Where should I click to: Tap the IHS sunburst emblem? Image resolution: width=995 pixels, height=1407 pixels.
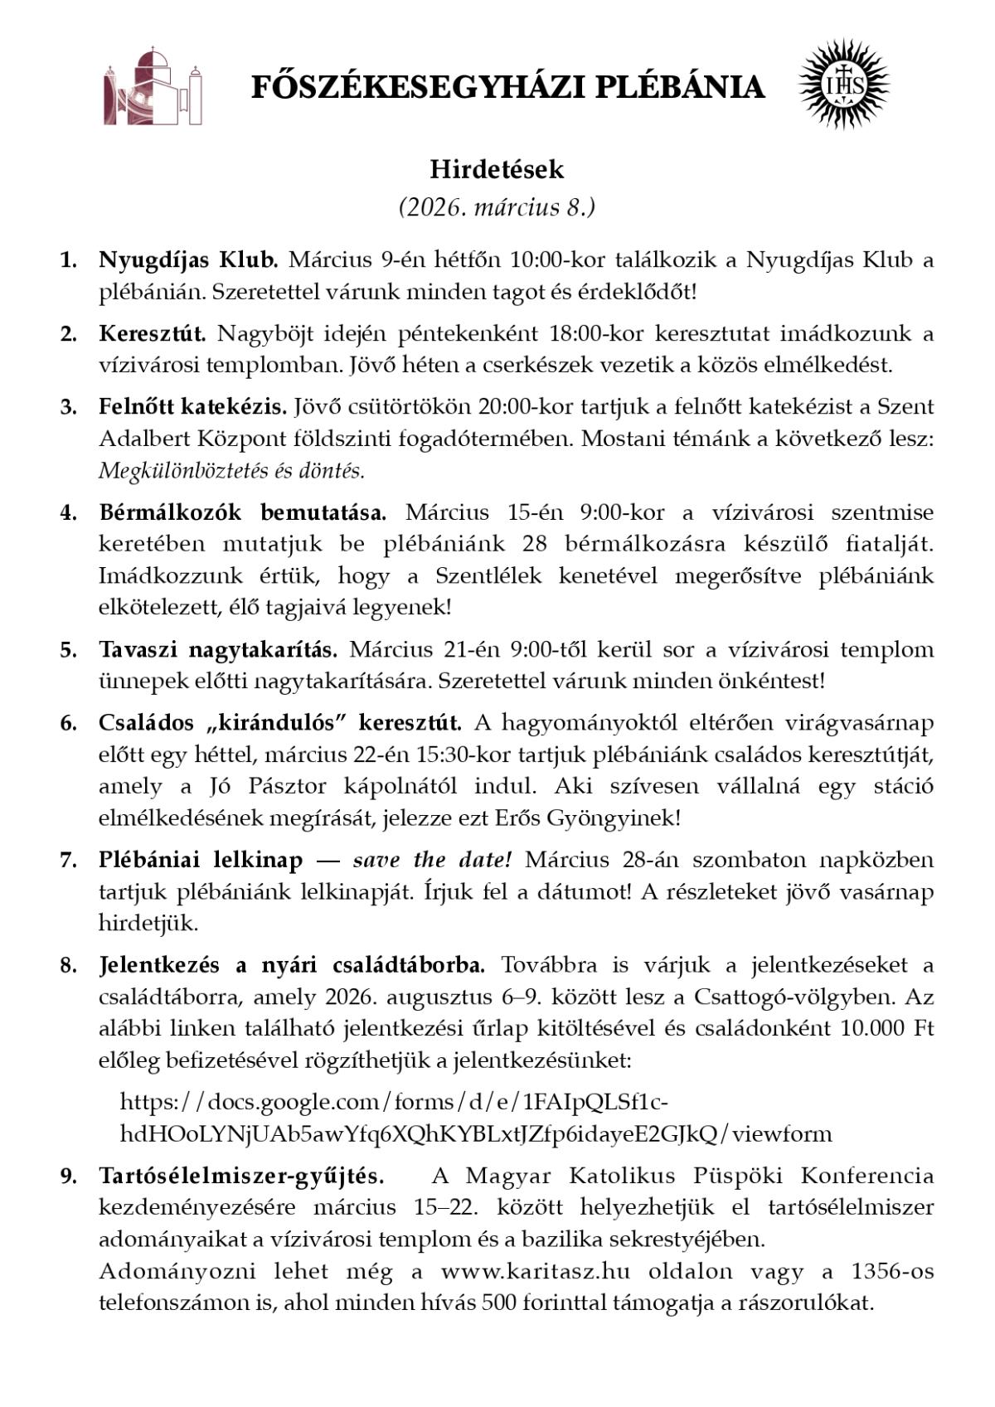[843, 85]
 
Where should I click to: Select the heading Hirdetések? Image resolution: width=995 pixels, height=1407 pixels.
[497, 169]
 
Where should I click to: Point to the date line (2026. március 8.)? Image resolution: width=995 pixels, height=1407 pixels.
[497, 206]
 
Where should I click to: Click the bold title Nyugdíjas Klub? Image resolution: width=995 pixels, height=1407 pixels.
[188, 260]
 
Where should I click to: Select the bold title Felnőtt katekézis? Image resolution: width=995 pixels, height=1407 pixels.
[192, 407]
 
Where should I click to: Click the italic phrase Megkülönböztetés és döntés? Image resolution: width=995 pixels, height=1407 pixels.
[231, 471]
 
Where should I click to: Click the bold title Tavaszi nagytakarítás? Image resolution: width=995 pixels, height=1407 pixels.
[218, 649]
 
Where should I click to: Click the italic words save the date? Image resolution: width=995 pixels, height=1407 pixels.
[432, 861]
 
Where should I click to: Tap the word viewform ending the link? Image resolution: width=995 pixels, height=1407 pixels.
[783, 1133]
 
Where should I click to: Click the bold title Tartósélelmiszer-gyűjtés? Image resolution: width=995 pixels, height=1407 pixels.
[241, 1177]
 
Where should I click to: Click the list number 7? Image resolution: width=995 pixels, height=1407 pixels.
[68, 861]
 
